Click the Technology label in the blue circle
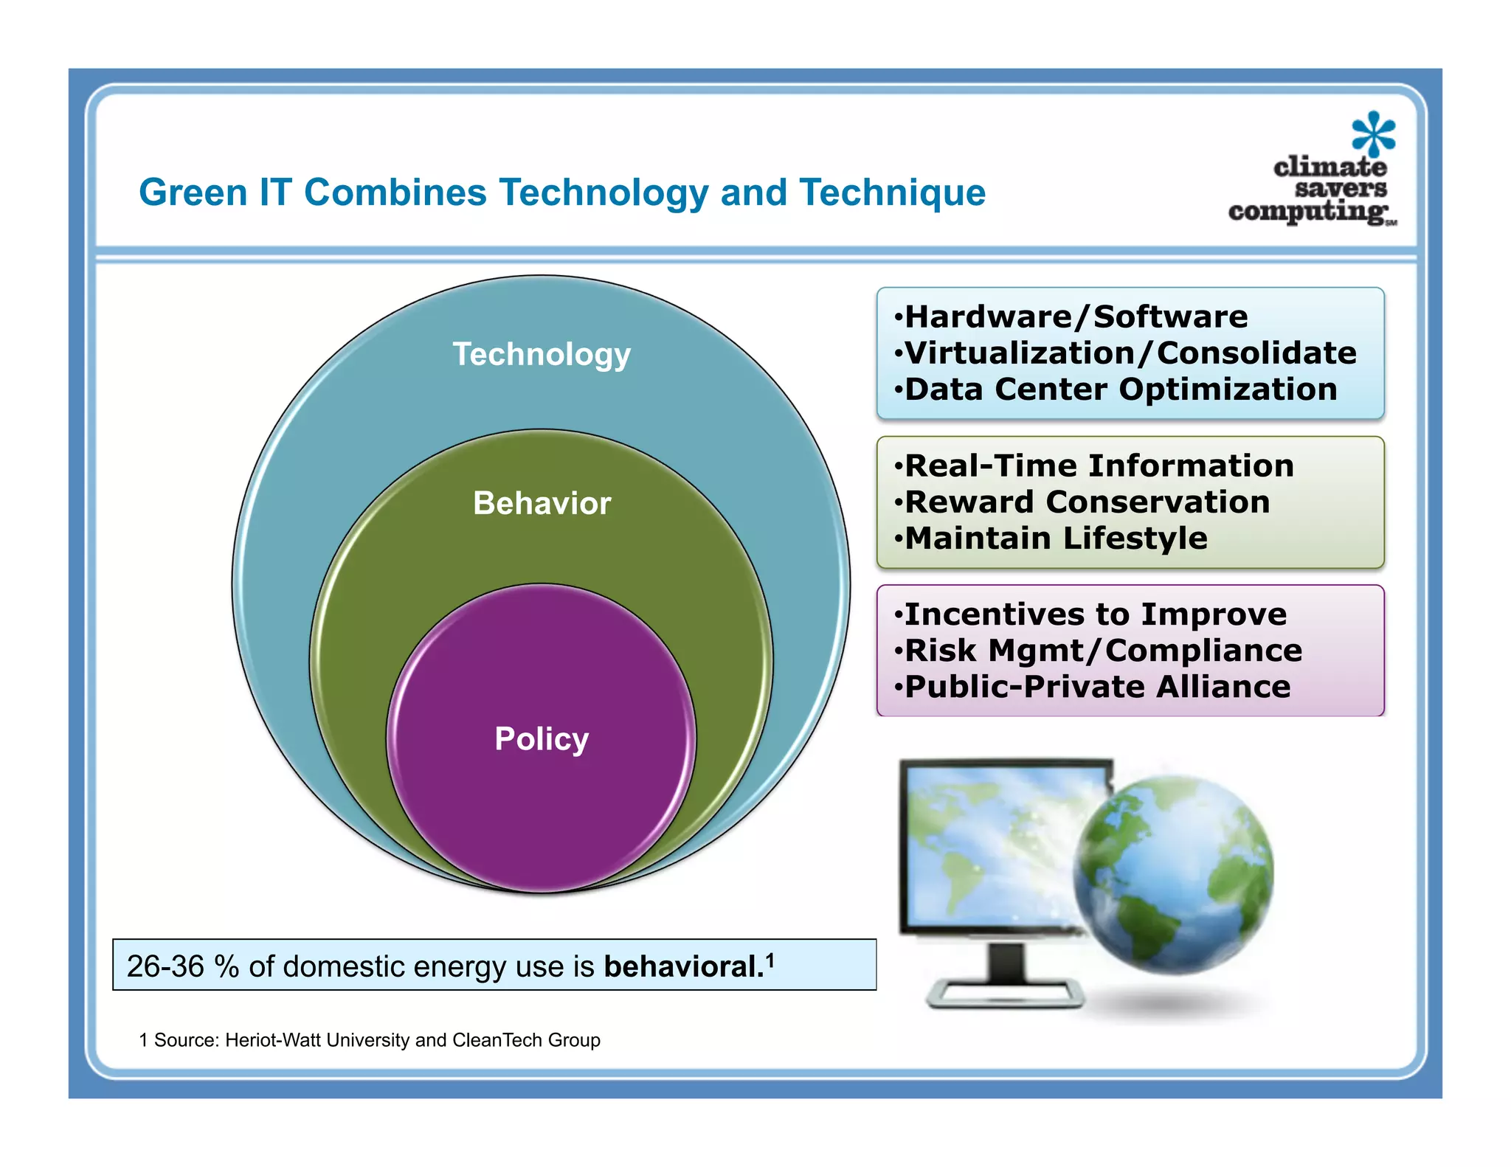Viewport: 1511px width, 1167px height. (542, 354)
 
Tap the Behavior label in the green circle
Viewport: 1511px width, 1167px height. (542, 503)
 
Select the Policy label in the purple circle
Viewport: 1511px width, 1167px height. (542, 738)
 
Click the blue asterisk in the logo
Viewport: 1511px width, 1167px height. (1373, 134)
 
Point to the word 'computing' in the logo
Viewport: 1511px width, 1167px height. (1308, 211)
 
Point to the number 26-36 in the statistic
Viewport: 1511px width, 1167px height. (165, 966)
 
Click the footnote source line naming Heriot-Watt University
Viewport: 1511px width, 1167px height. (370, 1040)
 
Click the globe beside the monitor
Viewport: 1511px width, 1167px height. (1173, 874)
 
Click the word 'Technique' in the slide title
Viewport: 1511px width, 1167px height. (893, 193)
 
